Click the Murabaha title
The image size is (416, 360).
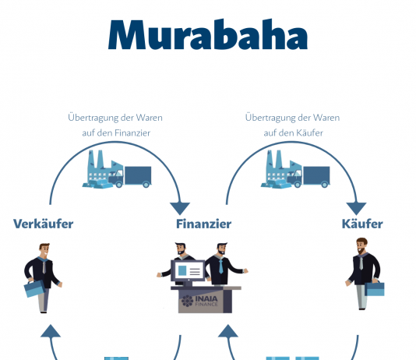pyautogui.click(x=208, y=35)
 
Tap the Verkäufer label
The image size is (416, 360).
pyautogui.click(x=44, y=224)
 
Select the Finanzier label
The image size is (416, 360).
pyautogui.click(x=204, y=224)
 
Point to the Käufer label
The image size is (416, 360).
pyautogui.click(x=362, y=224)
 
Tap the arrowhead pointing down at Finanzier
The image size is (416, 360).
pyautogui.click(x=180, y=209)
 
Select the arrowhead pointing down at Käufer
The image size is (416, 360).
pyautogui.click(x=356, y=209)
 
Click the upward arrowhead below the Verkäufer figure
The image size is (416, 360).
pyautogui.click(x=51, y=331)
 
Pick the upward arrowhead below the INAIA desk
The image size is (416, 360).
pyautogui.click(x=228, y=331)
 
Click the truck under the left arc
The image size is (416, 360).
pyautogui.click(x=130, y=177)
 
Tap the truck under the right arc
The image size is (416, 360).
pyautogui.click(x=308, y=177)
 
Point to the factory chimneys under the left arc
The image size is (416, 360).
pyautogui.click(x=96, y=159)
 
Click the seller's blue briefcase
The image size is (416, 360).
pyautogui.click(x=34, y=288)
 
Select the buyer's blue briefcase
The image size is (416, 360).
pyautogui.click(x=375, y=288)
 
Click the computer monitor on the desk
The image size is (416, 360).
pyautogui.click(x=188, y=271)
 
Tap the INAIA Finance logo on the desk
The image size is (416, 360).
pyautogui.click(x=199, y=301)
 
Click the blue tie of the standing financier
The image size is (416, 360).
pyautogui.click(x=220, y=266)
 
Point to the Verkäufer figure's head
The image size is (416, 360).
pyautogui.click(x=44, y=250)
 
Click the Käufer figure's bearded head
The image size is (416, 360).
pyautogui.click(x=361, y=245)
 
